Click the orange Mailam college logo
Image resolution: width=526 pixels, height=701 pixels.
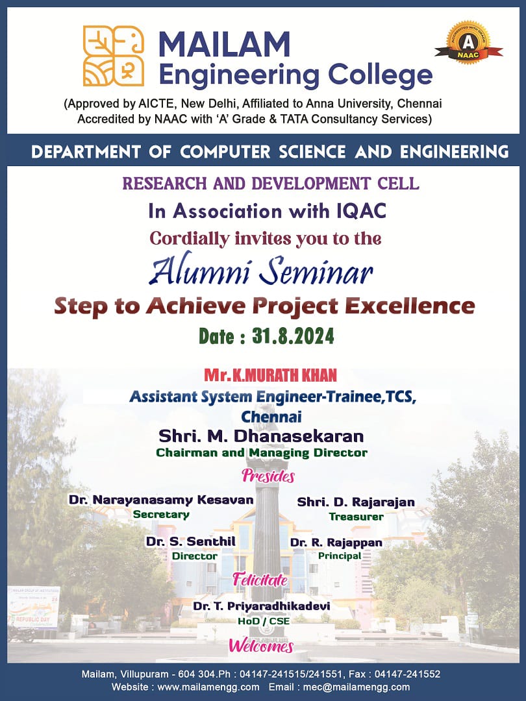point(114,56)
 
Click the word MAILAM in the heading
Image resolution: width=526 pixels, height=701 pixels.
point(224,44)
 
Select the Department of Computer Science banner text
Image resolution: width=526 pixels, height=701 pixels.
point(269,152)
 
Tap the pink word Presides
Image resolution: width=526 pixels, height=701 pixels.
point(268,476)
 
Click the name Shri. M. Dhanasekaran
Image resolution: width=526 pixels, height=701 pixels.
point(261,435)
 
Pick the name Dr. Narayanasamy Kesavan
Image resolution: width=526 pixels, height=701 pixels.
point(160,500)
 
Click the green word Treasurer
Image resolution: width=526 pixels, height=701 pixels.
point(356,517)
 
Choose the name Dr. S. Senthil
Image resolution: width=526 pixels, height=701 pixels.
point(190,541)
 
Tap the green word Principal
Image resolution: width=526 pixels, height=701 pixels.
point(340,556)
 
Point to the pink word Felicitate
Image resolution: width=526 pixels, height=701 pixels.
point(260,580)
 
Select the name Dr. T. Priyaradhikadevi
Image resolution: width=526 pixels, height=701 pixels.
point(261,606)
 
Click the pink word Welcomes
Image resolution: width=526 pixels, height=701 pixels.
point(260,646)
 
